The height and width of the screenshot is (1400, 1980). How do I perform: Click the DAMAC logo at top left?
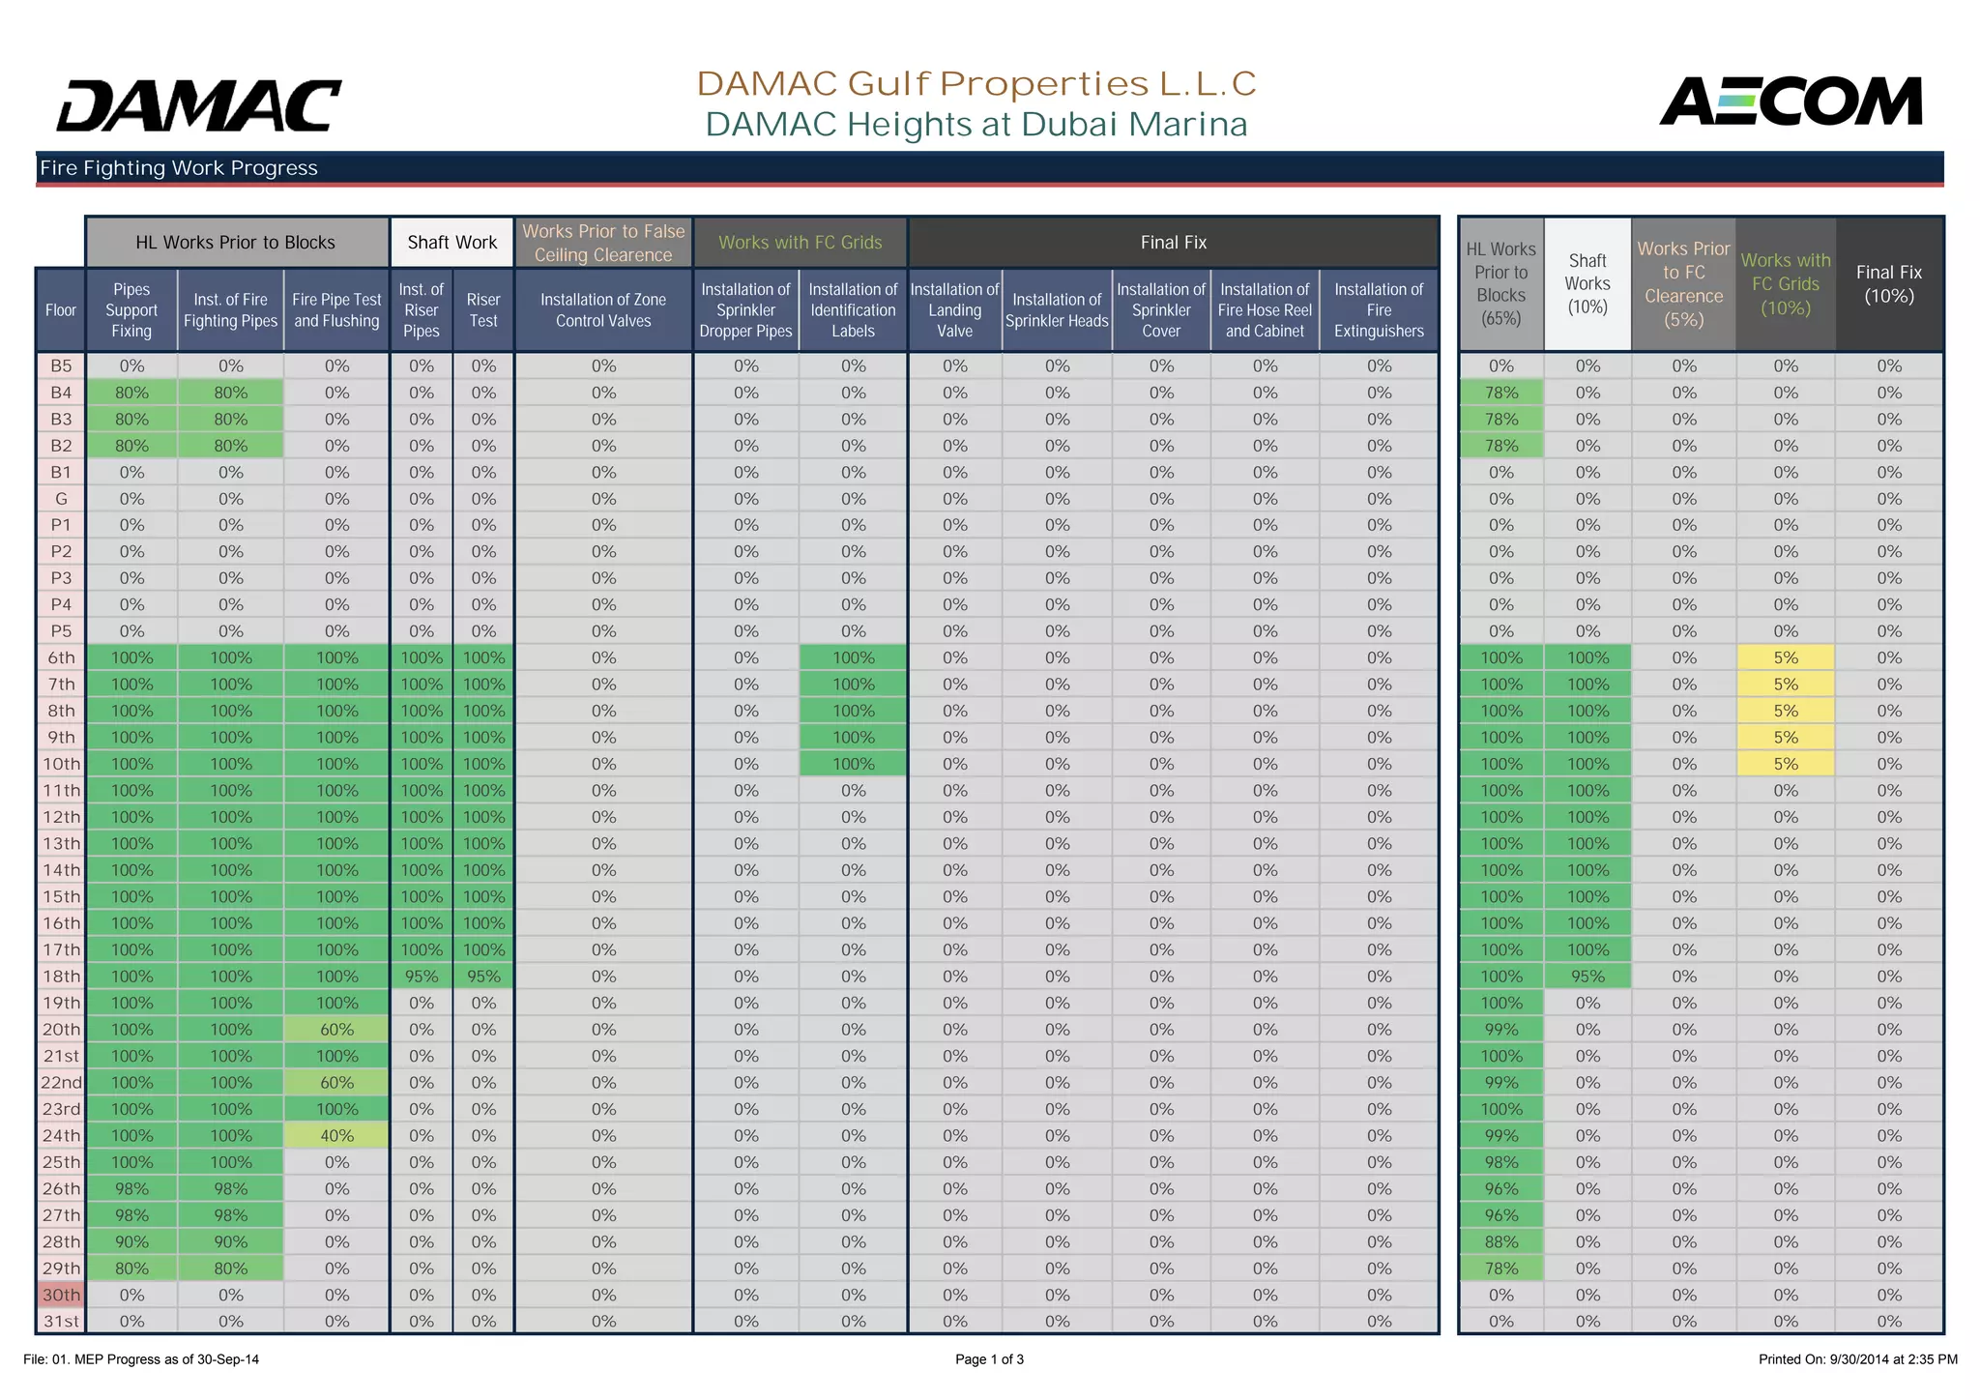pyautogui.click(x=198, y=105)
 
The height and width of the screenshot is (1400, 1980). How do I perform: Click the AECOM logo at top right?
pyautogui.click(x=1791, y=102)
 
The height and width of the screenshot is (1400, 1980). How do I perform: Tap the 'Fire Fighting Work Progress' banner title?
pyautogui.click(x=179, y=168)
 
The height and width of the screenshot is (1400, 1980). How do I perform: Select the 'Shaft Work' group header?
pyautogui.click(x=451, y=243)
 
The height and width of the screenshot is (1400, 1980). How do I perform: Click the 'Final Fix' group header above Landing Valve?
pyautogui.click(x=1173, y=243)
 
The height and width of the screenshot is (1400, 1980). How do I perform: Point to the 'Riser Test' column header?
pyautogui.click(x=483, y=310)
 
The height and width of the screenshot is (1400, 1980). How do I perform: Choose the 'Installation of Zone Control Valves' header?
pyautogui.click(x=603, y=310)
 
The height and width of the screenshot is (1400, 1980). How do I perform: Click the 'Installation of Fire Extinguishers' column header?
pyautogui.click(x=1379, y=310)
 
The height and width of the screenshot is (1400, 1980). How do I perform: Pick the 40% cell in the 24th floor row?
pyautogui.click(x=336, y=1136)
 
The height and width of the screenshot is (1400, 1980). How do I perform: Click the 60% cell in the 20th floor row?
pyautogui.click(x=336, y=1030)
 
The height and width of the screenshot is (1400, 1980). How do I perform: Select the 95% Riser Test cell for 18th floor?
pyautogui.click(x=483, y=977)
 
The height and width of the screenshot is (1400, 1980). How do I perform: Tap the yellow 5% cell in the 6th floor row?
pyautogui.click(x=1785, y=657)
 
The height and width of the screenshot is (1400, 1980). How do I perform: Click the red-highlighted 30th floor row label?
pyautogui.click(x=61, y=1295)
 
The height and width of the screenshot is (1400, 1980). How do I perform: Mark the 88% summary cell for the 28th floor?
pyautogui.click(x=1500, y=1241)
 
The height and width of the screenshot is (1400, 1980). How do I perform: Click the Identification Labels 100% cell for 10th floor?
pyautogui.click(x=853, y=764)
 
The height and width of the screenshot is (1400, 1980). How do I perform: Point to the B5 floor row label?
pyautogui.click(x=61, y=366)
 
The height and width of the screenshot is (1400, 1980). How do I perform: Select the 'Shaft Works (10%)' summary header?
pyautogui.click(x=1587, y=284)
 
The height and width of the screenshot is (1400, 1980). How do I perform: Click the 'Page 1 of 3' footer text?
pyautogui.click(x=989, y=1359)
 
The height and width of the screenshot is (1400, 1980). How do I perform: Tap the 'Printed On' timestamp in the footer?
pyautogui.click(x=1857, y=1359)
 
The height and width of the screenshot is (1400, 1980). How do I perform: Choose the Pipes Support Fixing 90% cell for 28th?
pyautogui.click(x=131, y=1241)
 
